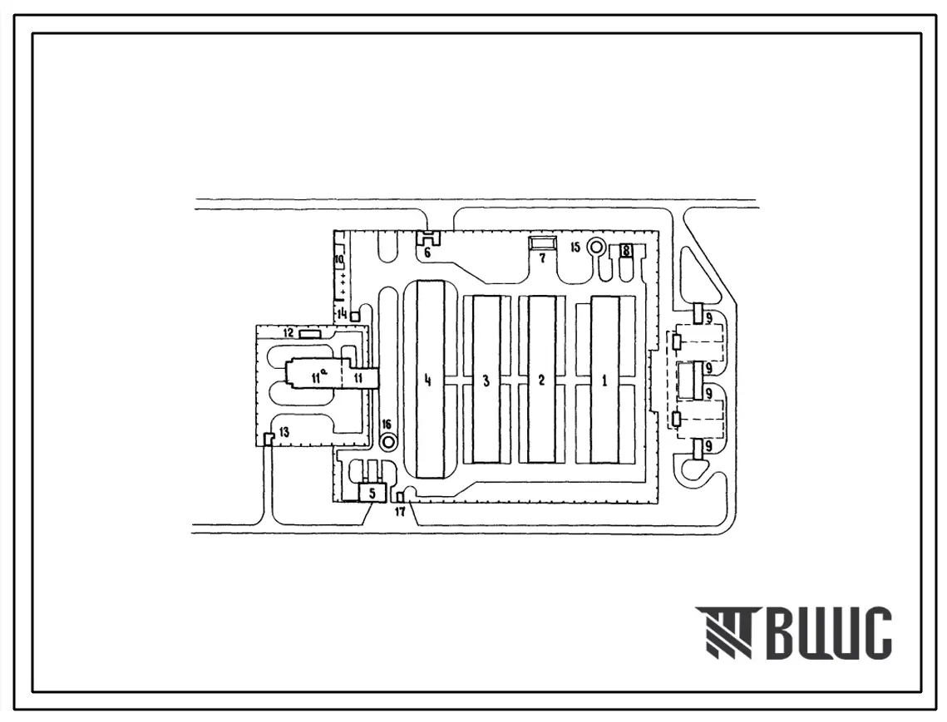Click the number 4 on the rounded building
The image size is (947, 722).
(428, 381)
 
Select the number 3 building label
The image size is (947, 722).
(486, 381)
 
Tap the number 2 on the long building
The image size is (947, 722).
(542, 381)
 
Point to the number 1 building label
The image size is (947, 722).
(604, 381)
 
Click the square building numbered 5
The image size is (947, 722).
(372, 492)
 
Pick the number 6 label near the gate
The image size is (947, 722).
(427, 253)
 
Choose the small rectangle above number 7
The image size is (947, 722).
(542, 243)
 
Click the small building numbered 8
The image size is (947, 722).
(626, 250)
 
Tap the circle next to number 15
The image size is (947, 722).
(597, 247)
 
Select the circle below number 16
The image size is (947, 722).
(387, 442)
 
